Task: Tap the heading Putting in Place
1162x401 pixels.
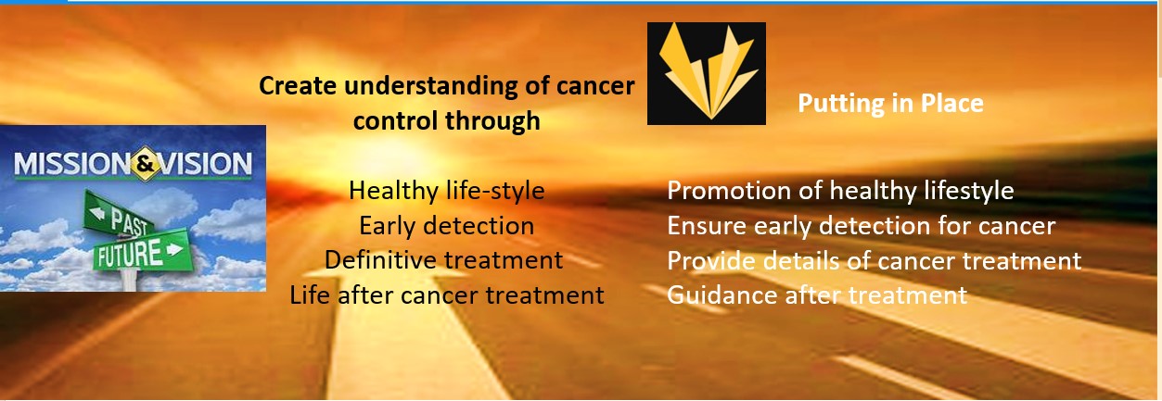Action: (890, 103)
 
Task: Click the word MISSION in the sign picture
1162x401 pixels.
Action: (72, 164)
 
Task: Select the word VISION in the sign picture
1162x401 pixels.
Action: (205, 164)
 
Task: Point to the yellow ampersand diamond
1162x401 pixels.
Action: (145, 164)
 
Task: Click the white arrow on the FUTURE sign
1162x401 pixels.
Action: (175, 250)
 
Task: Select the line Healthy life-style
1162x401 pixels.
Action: (447, 191)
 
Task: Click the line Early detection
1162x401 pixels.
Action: (447, 225)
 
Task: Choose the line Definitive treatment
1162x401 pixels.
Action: (443, 260)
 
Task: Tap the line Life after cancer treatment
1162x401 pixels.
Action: (447, 294)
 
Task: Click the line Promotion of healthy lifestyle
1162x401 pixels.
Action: (840, 191)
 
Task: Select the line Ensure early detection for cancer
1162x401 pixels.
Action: (862, 225)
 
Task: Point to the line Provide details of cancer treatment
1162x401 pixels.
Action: (875, 260)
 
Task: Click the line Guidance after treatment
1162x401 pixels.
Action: (817, 294)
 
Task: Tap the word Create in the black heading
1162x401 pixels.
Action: (298, 85)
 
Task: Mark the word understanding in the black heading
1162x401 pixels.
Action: (430, 87)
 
